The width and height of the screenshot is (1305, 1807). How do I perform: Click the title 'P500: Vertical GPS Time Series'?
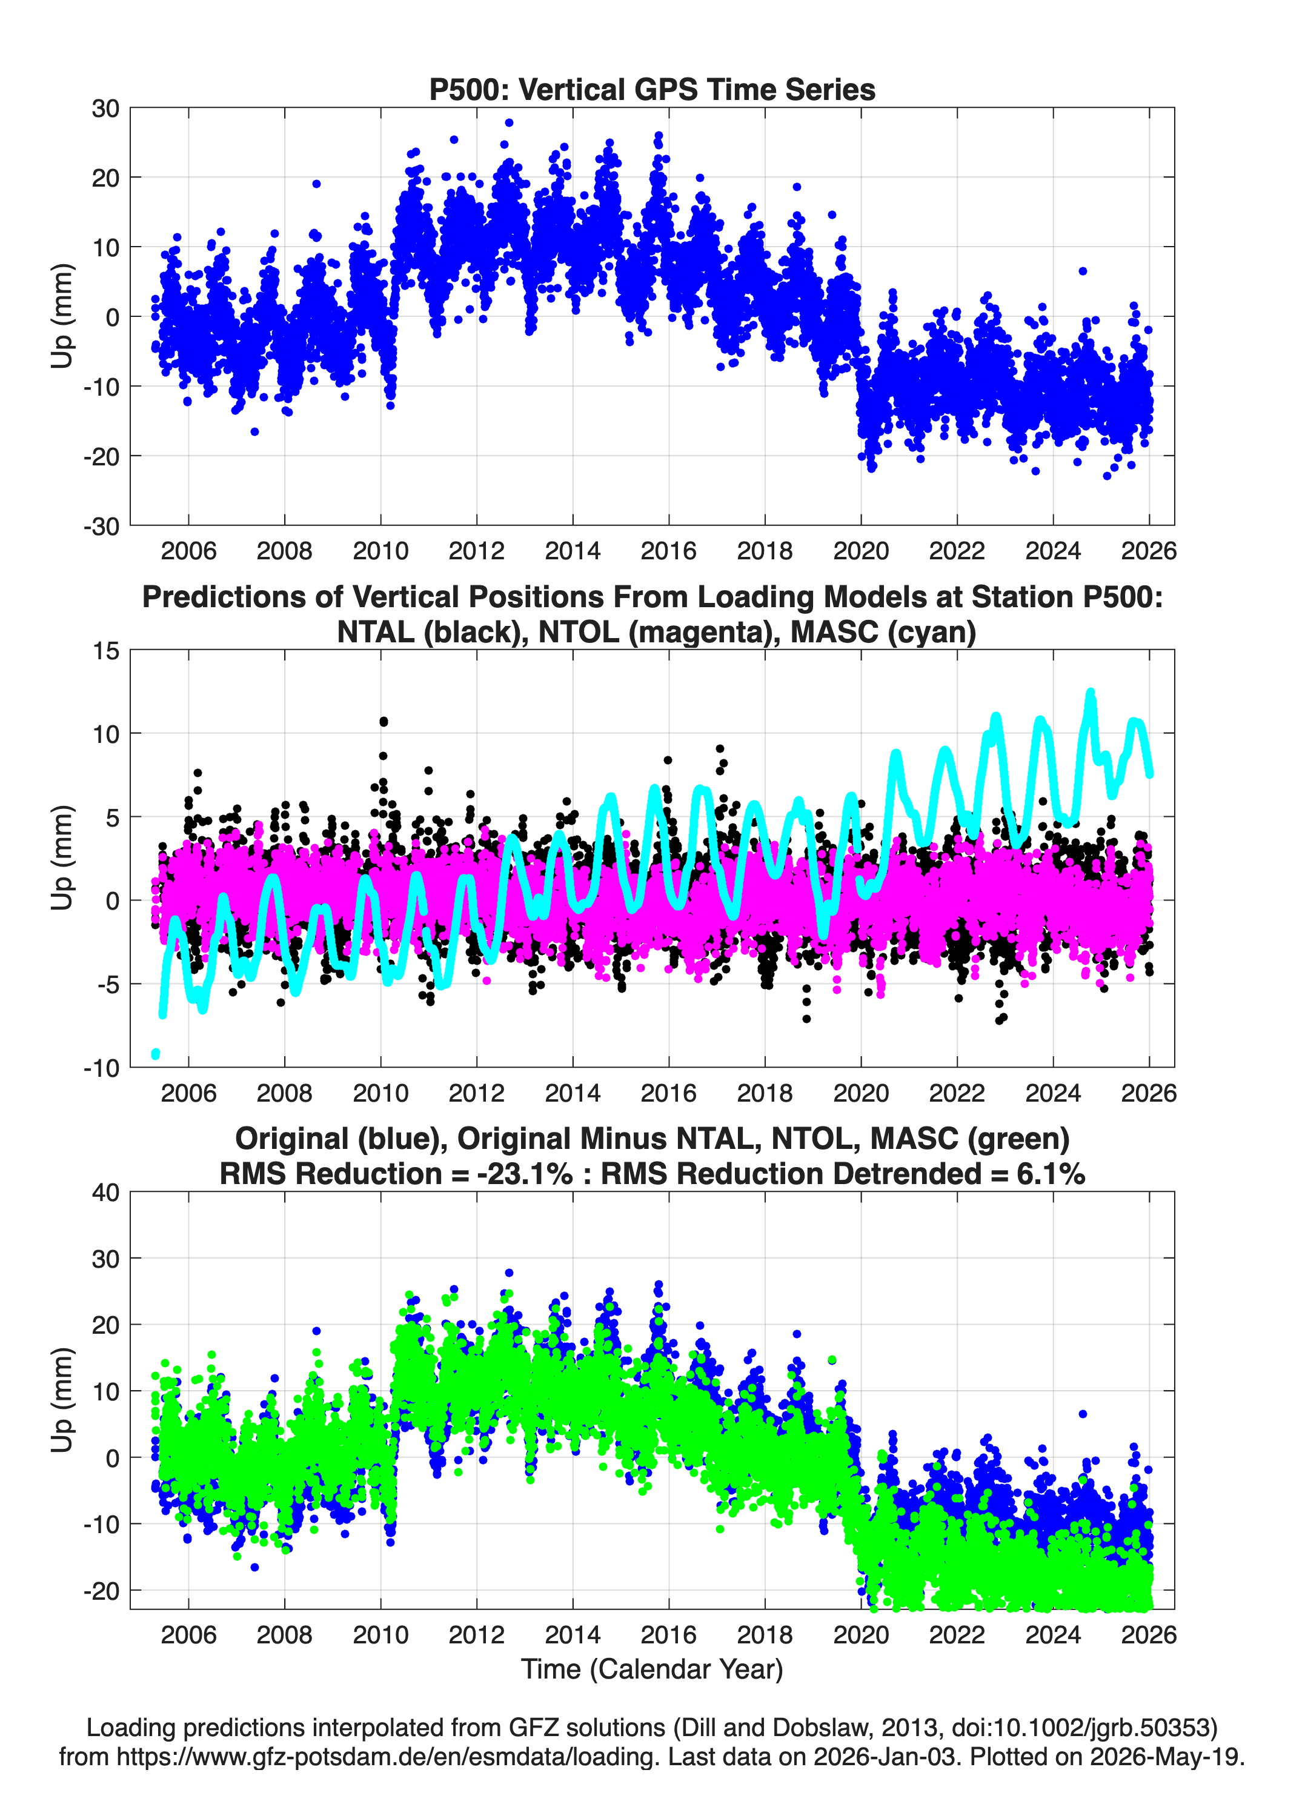[652, 89]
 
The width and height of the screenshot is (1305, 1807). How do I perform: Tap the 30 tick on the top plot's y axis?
[104, 108]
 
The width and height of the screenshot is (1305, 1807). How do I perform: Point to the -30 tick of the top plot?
[101, 526]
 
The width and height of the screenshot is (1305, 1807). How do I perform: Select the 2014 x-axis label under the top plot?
[572, 551]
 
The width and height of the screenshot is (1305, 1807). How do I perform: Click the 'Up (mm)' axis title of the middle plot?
[62, 858]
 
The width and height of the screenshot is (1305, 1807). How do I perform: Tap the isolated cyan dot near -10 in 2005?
[155, 1054]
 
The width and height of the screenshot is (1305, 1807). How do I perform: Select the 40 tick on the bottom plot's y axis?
[104, 1193]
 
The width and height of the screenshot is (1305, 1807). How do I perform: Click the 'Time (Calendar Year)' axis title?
[652, 1669]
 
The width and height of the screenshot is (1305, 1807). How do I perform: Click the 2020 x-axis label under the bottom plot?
[860, 1635]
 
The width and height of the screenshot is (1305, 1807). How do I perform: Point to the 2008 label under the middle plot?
[284, 1093]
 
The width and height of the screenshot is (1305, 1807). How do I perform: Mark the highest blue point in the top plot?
[509, 122]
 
